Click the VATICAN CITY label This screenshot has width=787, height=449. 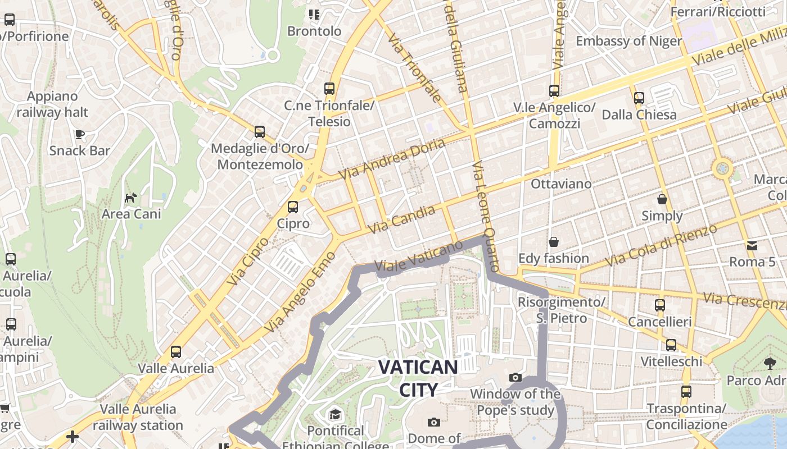pos(418,378)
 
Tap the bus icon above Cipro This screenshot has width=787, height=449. pos(293,207)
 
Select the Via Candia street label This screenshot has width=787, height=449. pos(401,220)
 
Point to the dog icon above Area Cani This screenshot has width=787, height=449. pos(131,198)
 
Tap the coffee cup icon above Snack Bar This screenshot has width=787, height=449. pos(80,134)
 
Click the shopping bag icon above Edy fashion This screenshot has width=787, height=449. pos(554,242)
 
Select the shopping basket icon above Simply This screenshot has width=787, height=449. pos(662,199)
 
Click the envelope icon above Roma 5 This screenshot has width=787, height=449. pos(752,245)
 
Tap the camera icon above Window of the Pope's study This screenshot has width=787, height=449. pos(515,377)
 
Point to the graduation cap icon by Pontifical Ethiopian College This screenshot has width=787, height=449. pos(335,414)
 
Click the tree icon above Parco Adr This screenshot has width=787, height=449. pos(770,364)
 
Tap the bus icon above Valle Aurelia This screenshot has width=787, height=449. pos(176,352)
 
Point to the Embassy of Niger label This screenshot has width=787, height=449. pos(628,41)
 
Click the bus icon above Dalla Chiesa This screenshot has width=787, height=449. pos(639,98)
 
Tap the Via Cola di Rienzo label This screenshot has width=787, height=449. pos(662,246)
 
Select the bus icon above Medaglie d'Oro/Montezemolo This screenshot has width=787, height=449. pos(259,132)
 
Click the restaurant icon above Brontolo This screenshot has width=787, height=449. pos(314,15)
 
